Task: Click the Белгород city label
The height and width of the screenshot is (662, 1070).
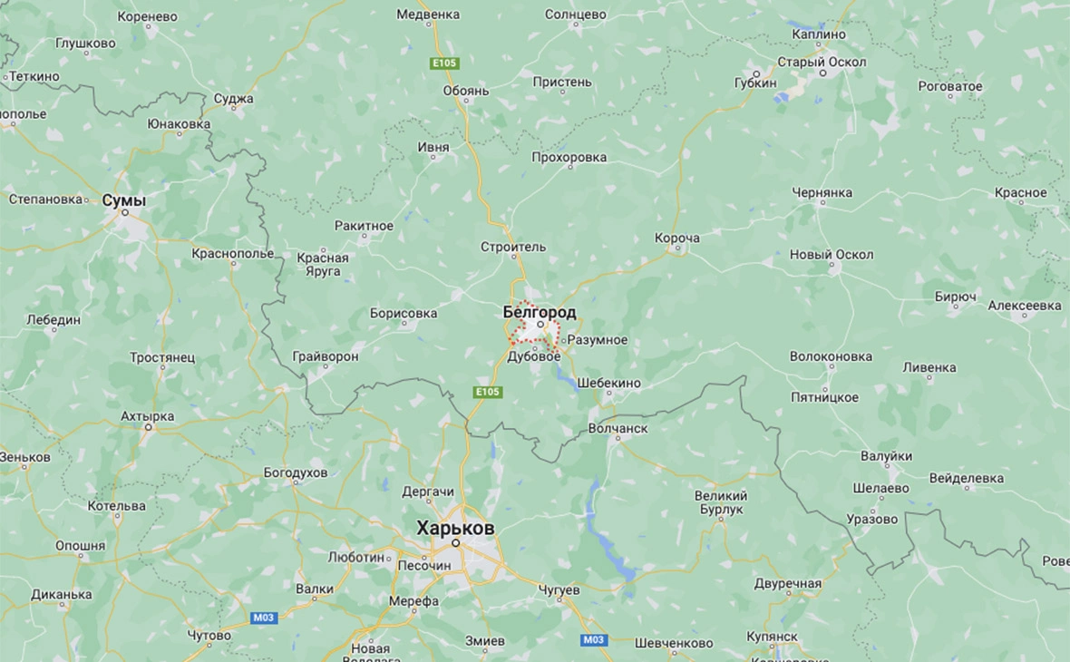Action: (x=539, y=312)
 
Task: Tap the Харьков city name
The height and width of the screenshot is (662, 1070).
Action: (x=455, y=528)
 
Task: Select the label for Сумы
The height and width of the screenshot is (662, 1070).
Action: (x=124, y=200)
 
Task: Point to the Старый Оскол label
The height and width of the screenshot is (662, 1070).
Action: (x=822, y=62)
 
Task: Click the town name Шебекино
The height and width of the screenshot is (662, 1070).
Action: (x=608, y=383)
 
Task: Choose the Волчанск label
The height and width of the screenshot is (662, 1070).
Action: (x=618, y=428)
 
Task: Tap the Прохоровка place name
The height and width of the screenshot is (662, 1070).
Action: (x=569, y=157)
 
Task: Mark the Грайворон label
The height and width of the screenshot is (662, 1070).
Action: (x=326, y=356)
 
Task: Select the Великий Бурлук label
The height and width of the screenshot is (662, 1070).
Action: (x=721, y=502)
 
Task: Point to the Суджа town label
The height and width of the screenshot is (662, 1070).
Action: (x=233, y=99)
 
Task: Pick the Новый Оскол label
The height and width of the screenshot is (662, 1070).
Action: (x=832, y=255)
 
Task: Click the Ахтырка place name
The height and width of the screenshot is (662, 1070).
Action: (x=147, y=416)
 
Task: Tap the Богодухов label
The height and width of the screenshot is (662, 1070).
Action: (x=295, y=472)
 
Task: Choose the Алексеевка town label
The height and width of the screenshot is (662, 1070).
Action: (x=1025, y=306)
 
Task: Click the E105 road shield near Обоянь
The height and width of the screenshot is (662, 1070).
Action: (x=445, y=63)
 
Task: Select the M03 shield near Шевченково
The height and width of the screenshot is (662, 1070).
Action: (x=593, y=640)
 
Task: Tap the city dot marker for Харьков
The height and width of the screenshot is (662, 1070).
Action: (x=457, y=542)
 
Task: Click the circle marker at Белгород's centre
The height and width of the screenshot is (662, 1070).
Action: (x=540, y=324)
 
